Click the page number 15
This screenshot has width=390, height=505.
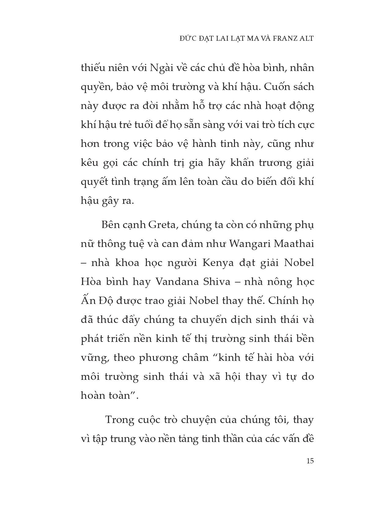310,461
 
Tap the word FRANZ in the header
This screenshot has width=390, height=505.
283,39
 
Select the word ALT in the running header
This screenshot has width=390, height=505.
307,39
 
